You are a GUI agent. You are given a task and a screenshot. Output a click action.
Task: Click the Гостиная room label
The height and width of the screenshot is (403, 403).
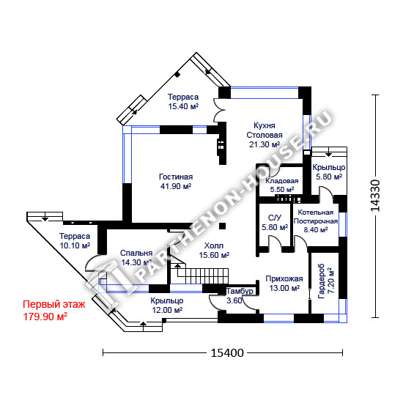click(x=176, y=177)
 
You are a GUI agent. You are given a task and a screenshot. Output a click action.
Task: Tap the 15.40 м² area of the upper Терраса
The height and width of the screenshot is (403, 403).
click(x=183, y=106)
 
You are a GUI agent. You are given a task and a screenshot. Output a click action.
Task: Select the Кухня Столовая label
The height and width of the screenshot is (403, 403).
click(x=265, y=130)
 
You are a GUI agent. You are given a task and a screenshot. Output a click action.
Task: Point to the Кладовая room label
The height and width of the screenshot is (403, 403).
click(x=282, y=181)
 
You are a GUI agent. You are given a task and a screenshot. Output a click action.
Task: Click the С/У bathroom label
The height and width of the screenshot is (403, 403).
click(x=275, y=218)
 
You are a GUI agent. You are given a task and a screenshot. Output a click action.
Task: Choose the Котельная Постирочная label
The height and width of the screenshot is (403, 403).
click(x=316, y=217)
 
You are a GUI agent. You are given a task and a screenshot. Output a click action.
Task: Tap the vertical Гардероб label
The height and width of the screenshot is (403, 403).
click(x=322, y=281)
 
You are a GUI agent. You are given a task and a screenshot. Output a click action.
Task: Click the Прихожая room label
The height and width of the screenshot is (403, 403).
click(x=284, y=278)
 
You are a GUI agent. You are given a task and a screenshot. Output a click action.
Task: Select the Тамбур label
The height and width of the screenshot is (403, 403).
click(x=240, y=291)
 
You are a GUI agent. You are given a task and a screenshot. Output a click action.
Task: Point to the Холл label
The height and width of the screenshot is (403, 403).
click(x=214, y=245)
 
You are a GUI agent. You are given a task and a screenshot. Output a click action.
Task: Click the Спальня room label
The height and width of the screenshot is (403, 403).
click(x=136, y=254)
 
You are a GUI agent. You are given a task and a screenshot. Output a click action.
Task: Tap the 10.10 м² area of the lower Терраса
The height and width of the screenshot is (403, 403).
click(x=75, y=245)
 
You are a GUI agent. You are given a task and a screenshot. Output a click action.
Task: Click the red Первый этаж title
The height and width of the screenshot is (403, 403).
click(x=54, y=304)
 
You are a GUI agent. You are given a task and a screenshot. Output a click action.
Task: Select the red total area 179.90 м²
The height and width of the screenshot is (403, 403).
click(x=45, y=317)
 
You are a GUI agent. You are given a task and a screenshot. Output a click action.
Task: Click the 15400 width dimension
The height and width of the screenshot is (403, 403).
click(x=227, y=353)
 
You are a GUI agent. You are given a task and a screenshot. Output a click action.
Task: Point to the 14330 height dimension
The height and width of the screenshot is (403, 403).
click(x=375, y=196)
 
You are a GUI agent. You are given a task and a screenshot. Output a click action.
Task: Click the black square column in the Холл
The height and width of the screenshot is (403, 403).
click(x=222, y=226)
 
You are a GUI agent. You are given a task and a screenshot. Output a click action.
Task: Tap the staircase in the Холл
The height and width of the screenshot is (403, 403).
click(x=199, y=273)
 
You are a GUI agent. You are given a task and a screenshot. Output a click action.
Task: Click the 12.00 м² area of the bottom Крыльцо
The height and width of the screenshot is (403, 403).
click(x=167, y=310)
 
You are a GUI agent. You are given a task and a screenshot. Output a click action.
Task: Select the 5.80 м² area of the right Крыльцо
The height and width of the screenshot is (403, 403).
click(x=329, y=177)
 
